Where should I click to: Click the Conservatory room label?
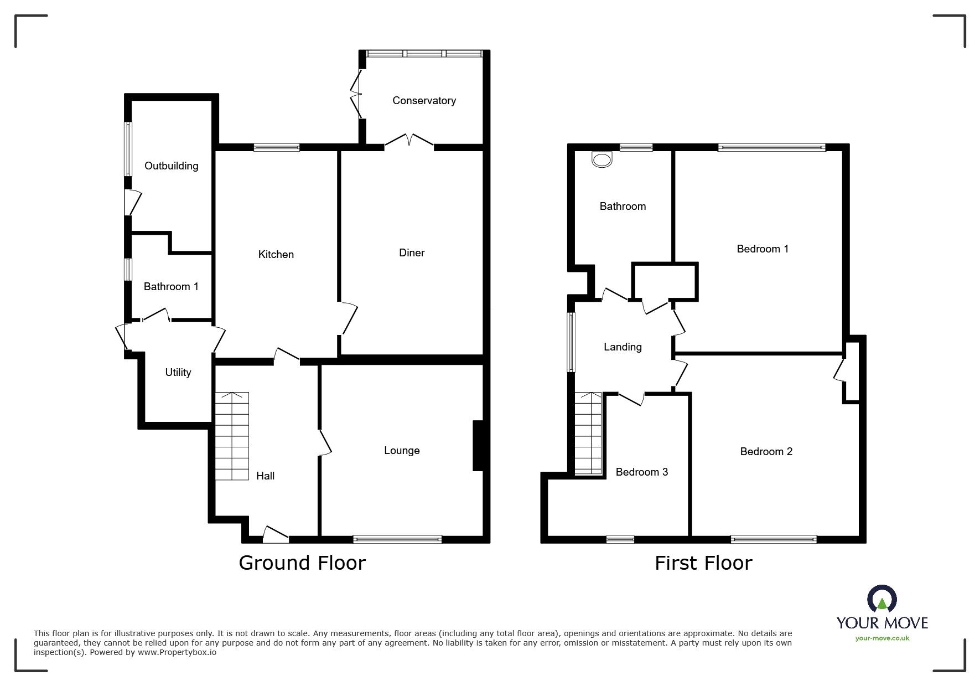click(x=424, y=100)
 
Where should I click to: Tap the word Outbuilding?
click(x=171, y=166)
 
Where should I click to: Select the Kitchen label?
click(x=276, y=254)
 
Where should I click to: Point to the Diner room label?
click(x=412, y=252)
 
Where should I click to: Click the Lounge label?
click(x=402, y=451)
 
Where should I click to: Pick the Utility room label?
click(x=178, y=373)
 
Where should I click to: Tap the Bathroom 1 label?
click(x=171, y=286)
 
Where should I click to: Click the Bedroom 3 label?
click(x=642, y=472)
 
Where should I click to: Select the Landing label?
click(x=623, y=347)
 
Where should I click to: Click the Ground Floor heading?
click(x=302, y=563)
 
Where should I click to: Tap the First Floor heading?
click(x=703, y=563)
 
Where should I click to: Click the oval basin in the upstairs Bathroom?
click(x=602, y=160)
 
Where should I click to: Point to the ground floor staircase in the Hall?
click(x=232, y=436)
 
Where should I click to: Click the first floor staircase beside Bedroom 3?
click(x=588, y=433)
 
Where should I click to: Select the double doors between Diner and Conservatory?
click(x=409, y=140)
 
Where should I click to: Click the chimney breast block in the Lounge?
click(x=478, y=446)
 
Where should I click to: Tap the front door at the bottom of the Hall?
click(x=276, y=533)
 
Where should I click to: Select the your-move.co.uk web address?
click(x=882, y=638)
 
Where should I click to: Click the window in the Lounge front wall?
click(x=397, y=539)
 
